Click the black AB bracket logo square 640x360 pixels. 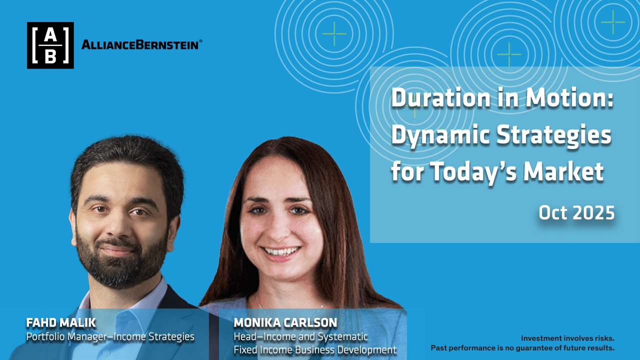coord(50,45)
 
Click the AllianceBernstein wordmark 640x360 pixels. coord(140,45)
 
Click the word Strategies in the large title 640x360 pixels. coord(554,136)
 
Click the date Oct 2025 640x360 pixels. coord(576,212)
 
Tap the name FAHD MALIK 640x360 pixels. coord(61,323)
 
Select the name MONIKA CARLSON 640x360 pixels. coord(285,323)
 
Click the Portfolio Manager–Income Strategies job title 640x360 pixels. coord(110,336)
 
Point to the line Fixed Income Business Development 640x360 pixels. coord(315,349)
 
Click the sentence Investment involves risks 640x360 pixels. coord(567,338)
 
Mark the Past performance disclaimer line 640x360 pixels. coord(522,347)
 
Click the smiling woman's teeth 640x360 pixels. coord(281,251)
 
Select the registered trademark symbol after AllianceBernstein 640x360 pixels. coord(200,41)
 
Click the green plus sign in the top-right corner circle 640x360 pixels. coord(613,22)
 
